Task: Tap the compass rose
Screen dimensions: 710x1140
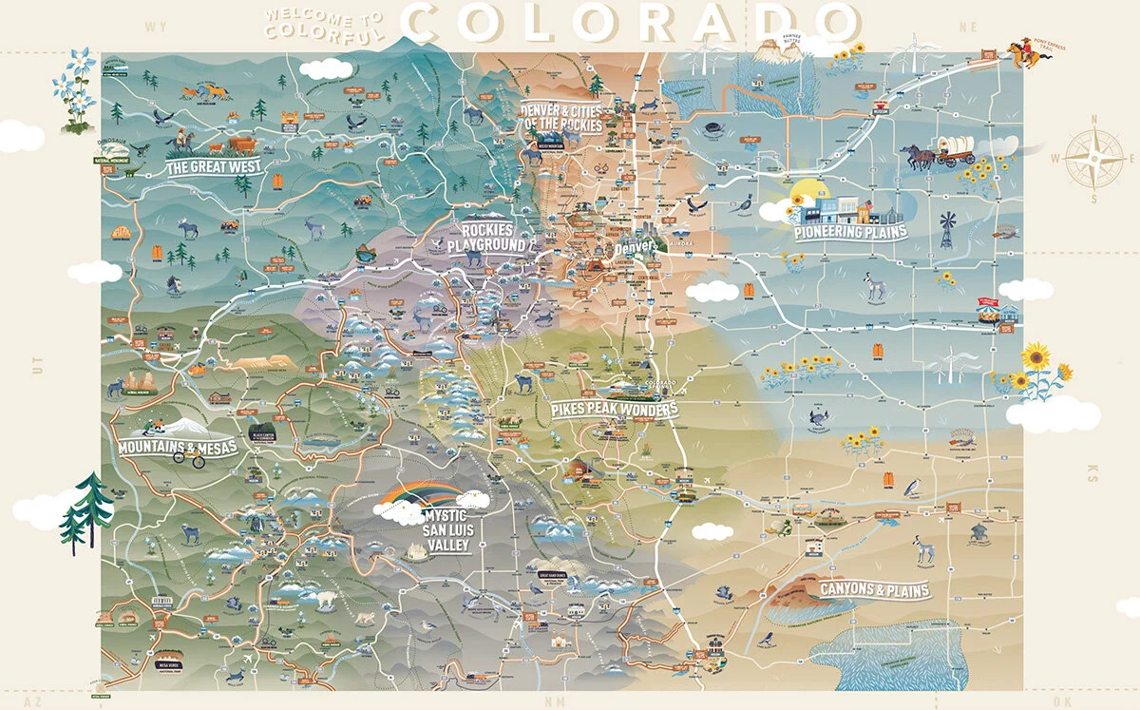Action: (1093, 159)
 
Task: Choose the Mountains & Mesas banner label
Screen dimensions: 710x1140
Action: (178, 447)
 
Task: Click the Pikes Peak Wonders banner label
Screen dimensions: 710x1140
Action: (615, 410)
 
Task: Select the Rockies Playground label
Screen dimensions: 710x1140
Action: (493, 238)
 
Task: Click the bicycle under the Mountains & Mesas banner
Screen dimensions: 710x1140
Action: (187, 459)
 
